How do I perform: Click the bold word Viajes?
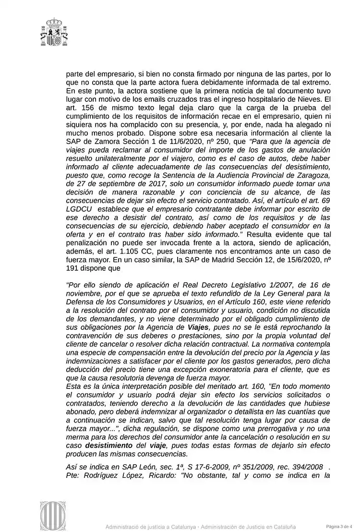(x=196, y=327)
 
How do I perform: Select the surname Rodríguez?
(x=103, y=476)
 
